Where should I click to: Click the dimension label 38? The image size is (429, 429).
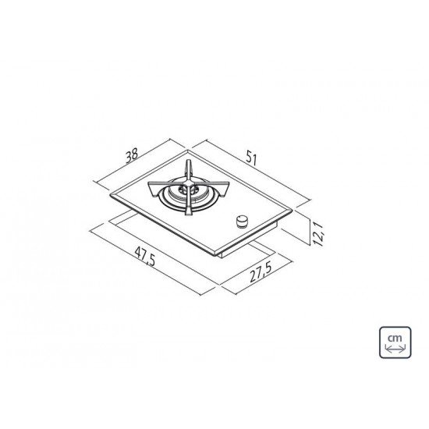(x=131, y=156)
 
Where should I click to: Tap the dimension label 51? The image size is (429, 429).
(x=251, y=158)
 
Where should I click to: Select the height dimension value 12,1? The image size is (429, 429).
(x=317, y=234)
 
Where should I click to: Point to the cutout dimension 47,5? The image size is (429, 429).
(x=145, y=257)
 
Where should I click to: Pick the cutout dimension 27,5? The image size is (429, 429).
(x=261, y=271)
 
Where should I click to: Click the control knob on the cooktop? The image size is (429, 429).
(x=242, y=221)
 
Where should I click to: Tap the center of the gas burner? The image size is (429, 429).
(x=188, y=189)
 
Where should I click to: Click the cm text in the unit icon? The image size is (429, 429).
(x=395, y=339)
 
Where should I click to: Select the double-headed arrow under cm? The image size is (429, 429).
(x=395, y=349)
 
